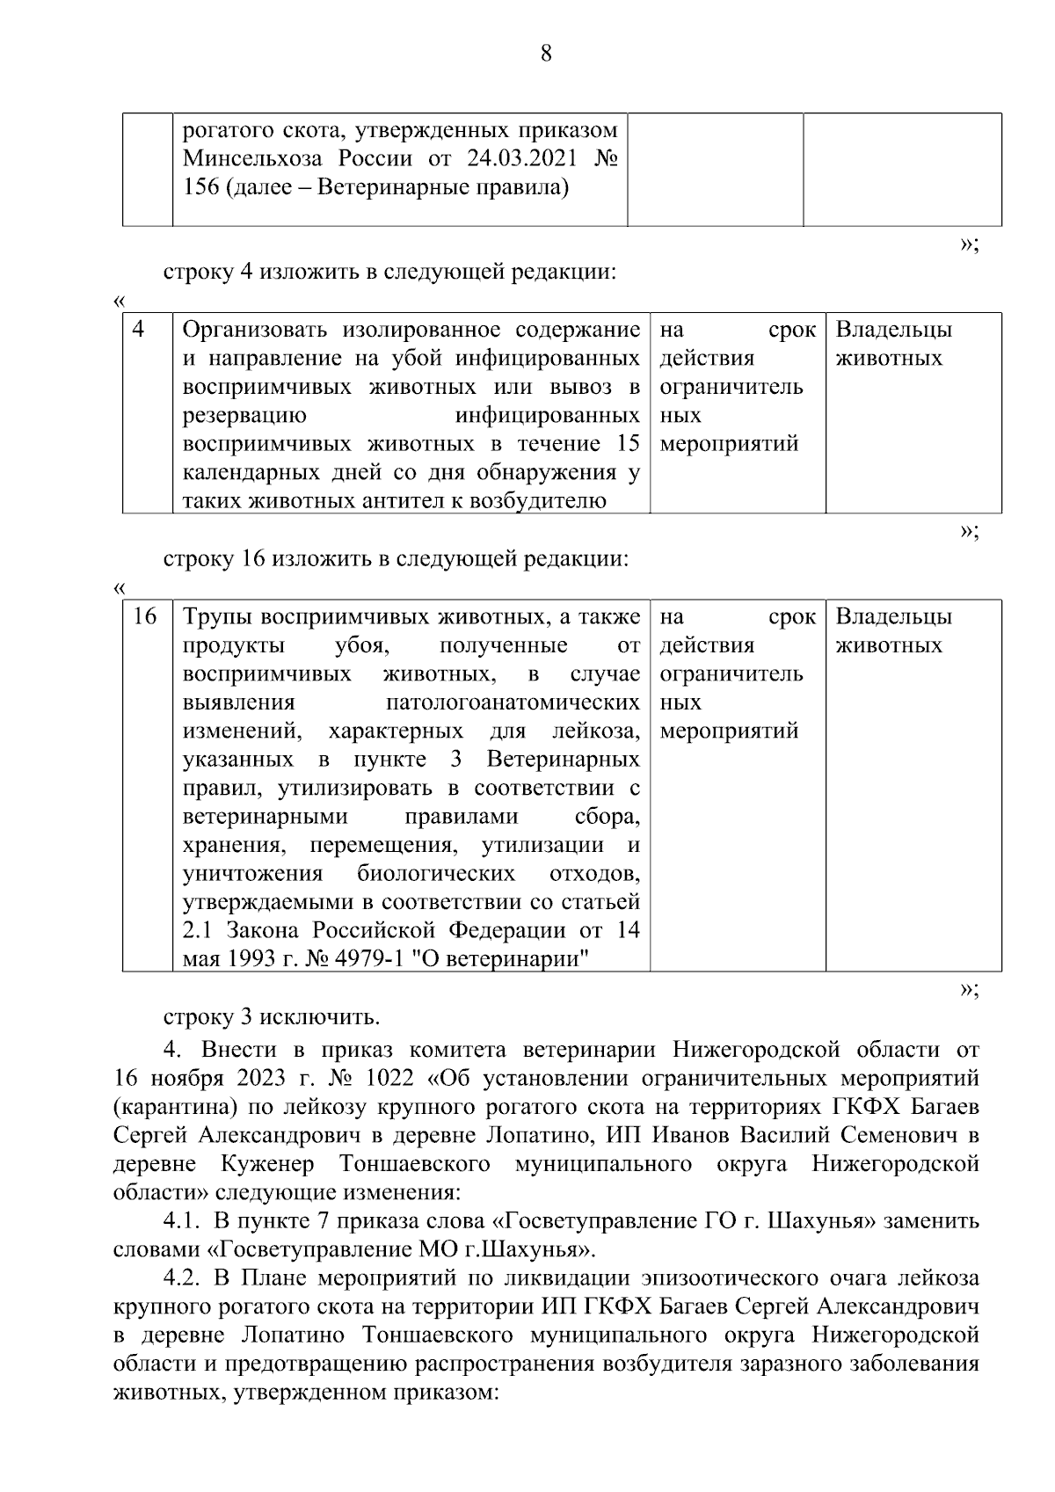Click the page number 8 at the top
[545, 54]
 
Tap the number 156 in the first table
[200, 187]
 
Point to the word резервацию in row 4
[244, 415]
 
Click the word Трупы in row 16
[217, 617]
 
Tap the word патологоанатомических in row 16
[513, 702]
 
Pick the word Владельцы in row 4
[893, 330]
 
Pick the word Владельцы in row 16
[893, 617]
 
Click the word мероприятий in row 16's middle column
[729, 731]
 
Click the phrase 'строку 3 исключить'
[272, 1017]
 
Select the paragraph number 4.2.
[183, 1278]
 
